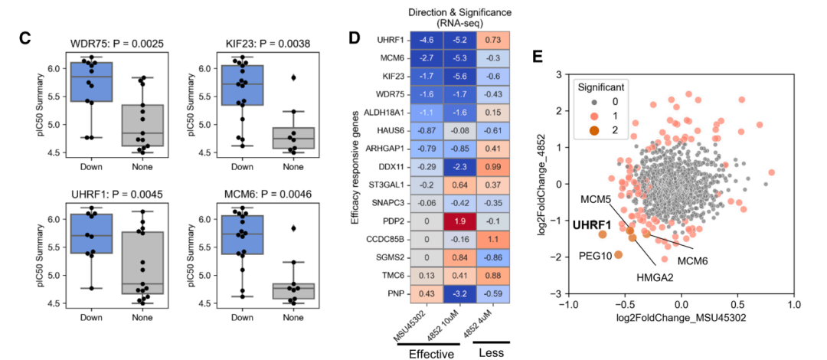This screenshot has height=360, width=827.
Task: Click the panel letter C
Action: (25, 37)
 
